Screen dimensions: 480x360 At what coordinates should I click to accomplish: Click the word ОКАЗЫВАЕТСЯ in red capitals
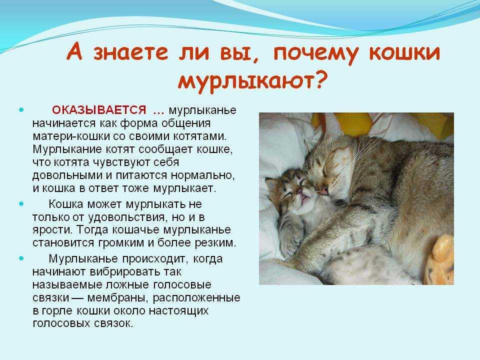tap(99, 110)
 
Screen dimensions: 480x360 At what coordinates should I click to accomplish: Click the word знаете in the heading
tap(130, 52)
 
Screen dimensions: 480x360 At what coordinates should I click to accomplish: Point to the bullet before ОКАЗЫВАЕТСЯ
tap(21, 109)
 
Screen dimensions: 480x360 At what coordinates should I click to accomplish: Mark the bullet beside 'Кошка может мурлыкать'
tap(21, 203)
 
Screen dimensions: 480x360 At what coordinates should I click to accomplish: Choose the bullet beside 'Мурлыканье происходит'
tap(21, 258)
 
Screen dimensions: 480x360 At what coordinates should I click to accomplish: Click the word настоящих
tap(178, 310)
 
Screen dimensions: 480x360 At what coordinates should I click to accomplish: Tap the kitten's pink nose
tap(299, 192)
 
